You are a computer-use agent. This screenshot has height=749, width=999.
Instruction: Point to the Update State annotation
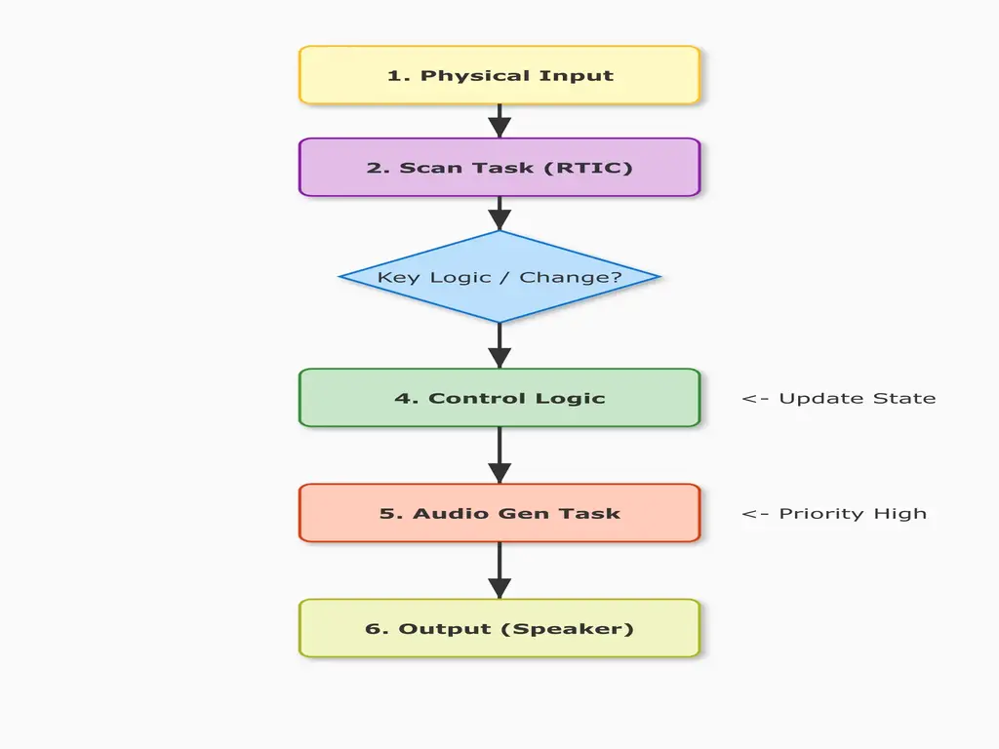tap(838, 398)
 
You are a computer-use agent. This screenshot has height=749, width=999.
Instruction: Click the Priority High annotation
tap(834, 513)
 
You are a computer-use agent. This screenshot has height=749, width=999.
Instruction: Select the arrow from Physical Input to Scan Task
tap(499, 121)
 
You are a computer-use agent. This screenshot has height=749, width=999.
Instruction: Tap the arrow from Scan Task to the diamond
tap(499, 213)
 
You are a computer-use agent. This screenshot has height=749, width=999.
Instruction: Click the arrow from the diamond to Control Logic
tap(499, 345)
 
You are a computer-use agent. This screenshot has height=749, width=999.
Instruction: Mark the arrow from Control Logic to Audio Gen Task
tap(499, 454)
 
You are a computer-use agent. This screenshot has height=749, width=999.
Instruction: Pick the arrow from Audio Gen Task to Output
tap(499, 570)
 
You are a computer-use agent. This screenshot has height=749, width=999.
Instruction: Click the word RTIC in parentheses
tap(588, 168)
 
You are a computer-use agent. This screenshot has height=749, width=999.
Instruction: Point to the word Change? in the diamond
tap(571, 278)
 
